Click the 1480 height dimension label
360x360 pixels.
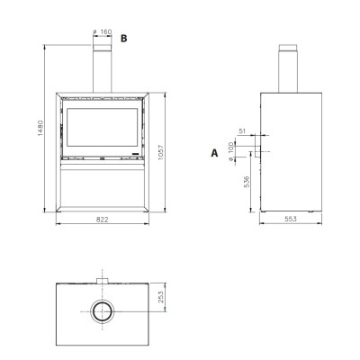tap(40, 128)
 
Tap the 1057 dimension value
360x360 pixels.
tap(161, 152)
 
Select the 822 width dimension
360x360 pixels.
tap(103, 220)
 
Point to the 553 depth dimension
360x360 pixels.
tap(291, 219)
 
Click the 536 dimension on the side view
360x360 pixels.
tap(247, 182)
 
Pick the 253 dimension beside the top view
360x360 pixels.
tap(161, 297)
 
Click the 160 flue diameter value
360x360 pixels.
tap(106, 31)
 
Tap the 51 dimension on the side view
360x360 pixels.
tap(242, 131)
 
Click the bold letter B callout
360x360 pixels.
tap(123, 39)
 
